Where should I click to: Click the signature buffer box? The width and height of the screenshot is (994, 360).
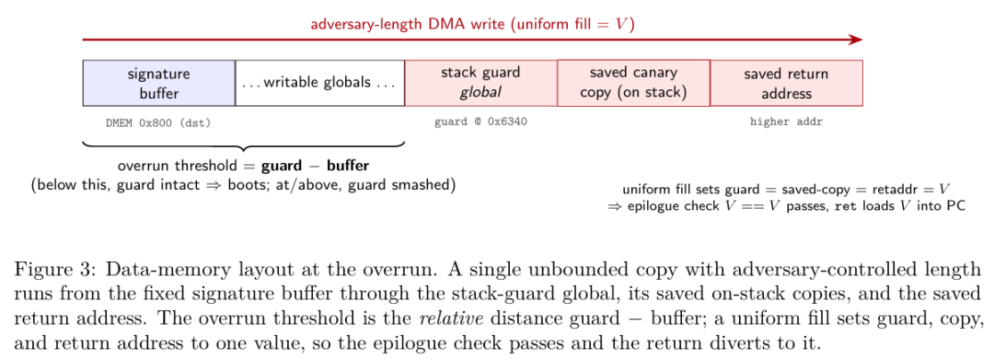coord(159,83)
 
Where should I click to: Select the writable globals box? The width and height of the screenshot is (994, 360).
coord(320,83)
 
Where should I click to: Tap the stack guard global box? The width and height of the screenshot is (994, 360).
coord(481,83)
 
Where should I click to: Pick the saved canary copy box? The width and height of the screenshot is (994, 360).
coord(634,83)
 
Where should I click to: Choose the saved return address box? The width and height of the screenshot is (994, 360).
coord(787,83)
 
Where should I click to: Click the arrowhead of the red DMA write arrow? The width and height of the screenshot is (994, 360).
coord(857,40)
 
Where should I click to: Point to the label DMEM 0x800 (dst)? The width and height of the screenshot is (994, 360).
coord(158,123)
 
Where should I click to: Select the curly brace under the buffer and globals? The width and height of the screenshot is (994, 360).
coord(244,145)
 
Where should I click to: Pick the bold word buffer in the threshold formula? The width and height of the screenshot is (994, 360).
coord(348,166)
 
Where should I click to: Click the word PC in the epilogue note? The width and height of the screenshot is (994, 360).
coord(956,206)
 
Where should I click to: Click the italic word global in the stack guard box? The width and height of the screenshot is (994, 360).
coord(480,93)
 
